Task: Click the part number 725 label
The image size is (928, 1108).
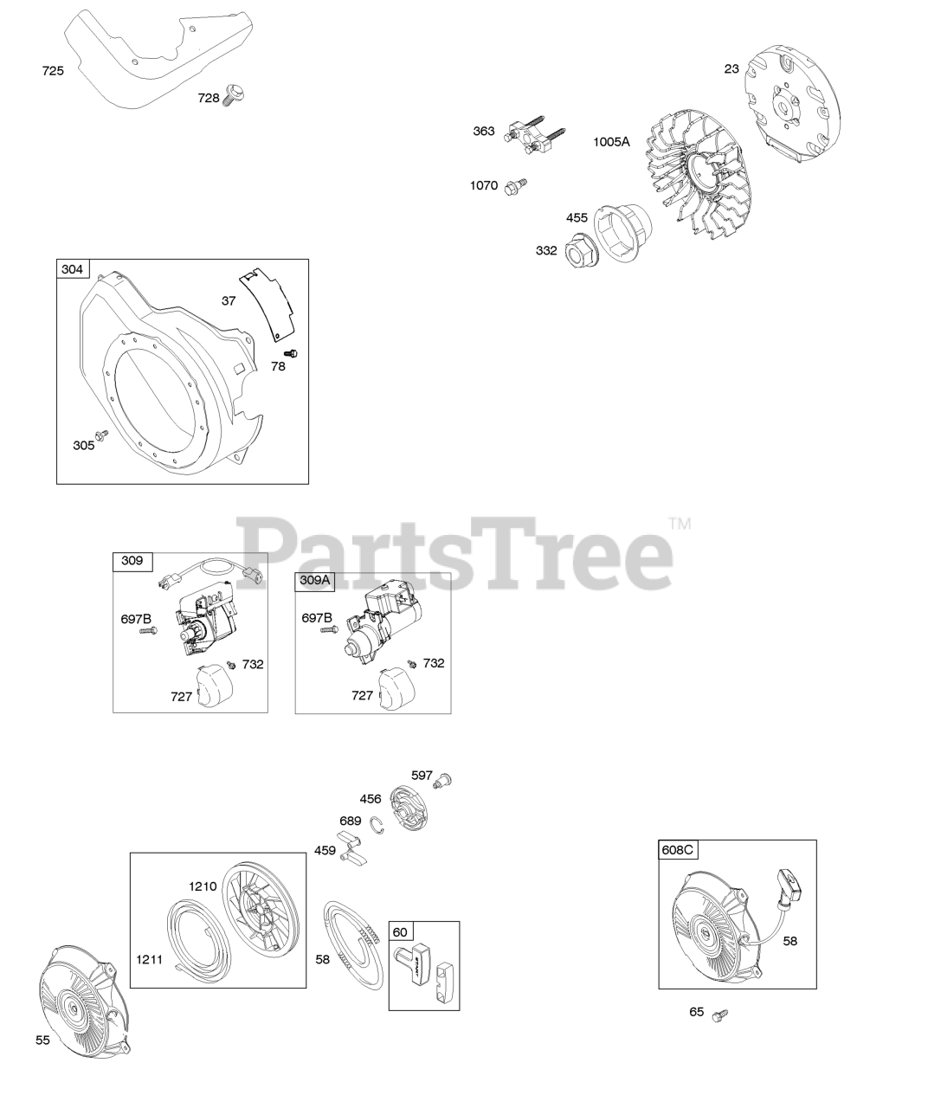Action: [x=53, y=71]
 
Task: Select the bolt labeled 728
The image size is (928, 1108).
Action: [x=235, y=95]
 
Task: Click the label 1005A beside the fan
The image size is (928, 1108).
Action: [x=611, y=142]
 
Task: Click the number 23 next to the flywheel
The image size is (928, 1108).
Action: [x=731, y=69]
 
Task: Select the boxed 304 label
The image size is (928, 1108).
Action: [x=73, y=269]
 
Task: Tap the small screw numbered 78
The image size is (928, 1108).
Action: [x=291, y=353]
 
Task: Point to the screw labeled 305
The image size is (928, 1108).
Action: [x=100, y=435]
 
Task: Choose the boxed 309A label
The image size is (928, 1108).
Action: [x=314, y=581]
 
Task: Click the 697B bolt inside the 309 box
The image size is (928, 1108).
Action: [x=148, y=631]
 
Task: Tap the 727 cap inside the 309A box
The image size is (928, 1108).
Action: [x=396, y=690]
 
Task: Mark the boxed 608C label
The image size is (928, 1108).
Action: [x=678, y=849]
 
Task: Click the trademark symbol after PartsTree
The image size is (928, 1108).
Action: [x=680, y=524]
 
